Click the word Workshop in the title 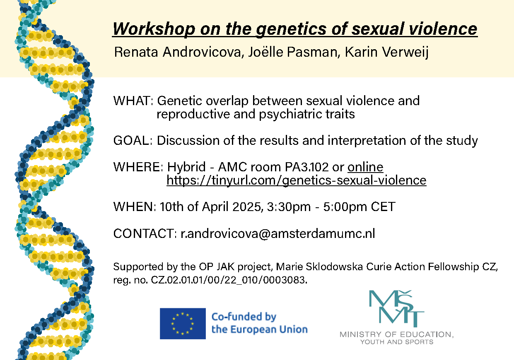click(154, 29)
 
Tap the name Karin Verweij click(387, 53)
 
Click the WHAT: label click(133, 101)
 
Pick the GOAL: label click(133, 140)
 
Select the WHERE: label click(138, 167)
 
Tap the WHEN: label click(135, 206)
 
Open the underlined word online click(365, 167)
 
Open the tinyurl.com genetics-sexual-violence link click(297, 180)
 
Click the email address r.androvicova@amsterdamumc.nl click(278, 233)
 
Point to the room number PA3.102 click(306, 167)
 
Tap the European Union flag click(183, 324)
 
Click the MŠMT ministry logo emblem click(396, 308)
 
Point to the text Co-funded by click(244, 317)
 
